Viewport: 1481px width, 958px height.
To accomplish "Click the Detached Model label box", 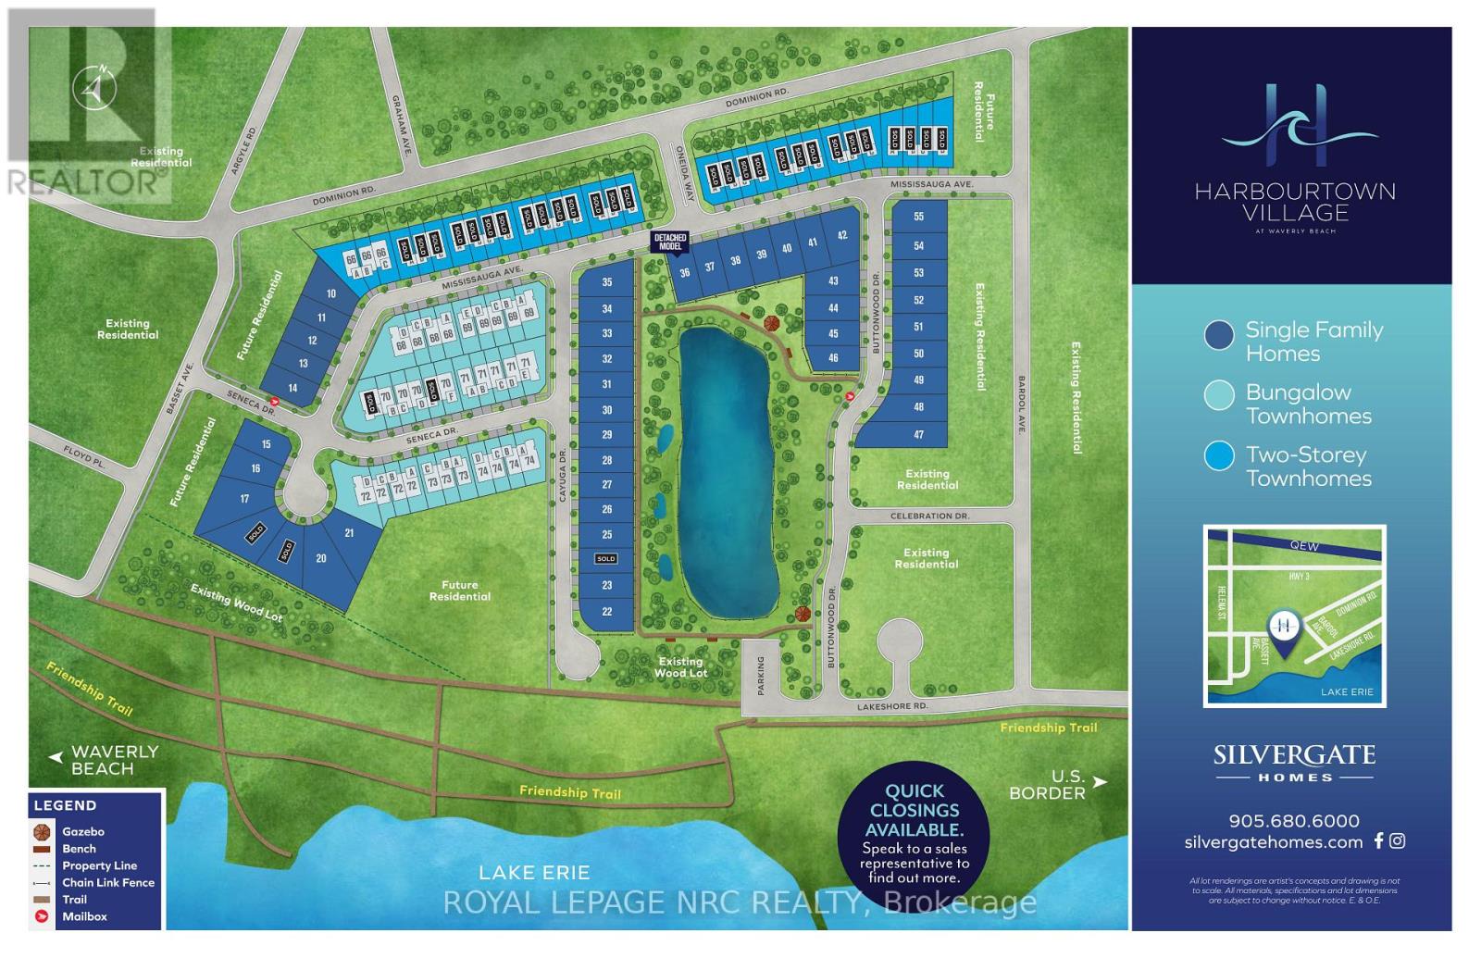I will tap(670, 243).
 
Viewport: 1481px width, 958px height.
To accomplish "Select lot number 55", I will tap(918, 217).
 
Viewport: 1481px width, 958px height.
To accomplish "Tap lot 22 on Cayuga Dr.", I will tap(607, 612).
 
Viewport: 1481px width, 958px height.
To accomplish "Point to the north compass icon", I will tap(94, 88).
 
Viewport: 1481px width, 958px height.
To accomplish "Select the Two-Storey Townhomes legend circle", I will tap(1219, 455).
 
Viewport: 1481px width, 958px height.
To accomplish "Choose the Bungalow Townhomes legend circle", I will tap(1219, 395).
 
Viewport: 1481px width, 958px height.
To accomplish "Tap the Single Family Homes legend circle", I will tap(1219, 334).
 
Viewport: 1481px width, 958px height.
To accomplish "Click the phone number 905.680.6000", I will tap(1294, 821).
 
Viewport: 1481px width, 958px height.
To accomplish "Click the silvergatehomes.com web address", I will tap(1274, 842).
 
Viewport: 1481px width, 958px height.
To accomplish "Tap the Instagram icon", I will tap(1398, 840).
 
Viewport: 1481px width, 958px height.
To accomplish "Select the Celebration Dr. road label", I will tap(928, 516).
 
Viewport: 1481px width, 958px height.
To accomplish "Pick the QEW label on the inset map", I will tap(1303, 546).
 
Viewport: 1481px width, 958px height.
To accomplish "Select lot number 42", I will tap(842, 236).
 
